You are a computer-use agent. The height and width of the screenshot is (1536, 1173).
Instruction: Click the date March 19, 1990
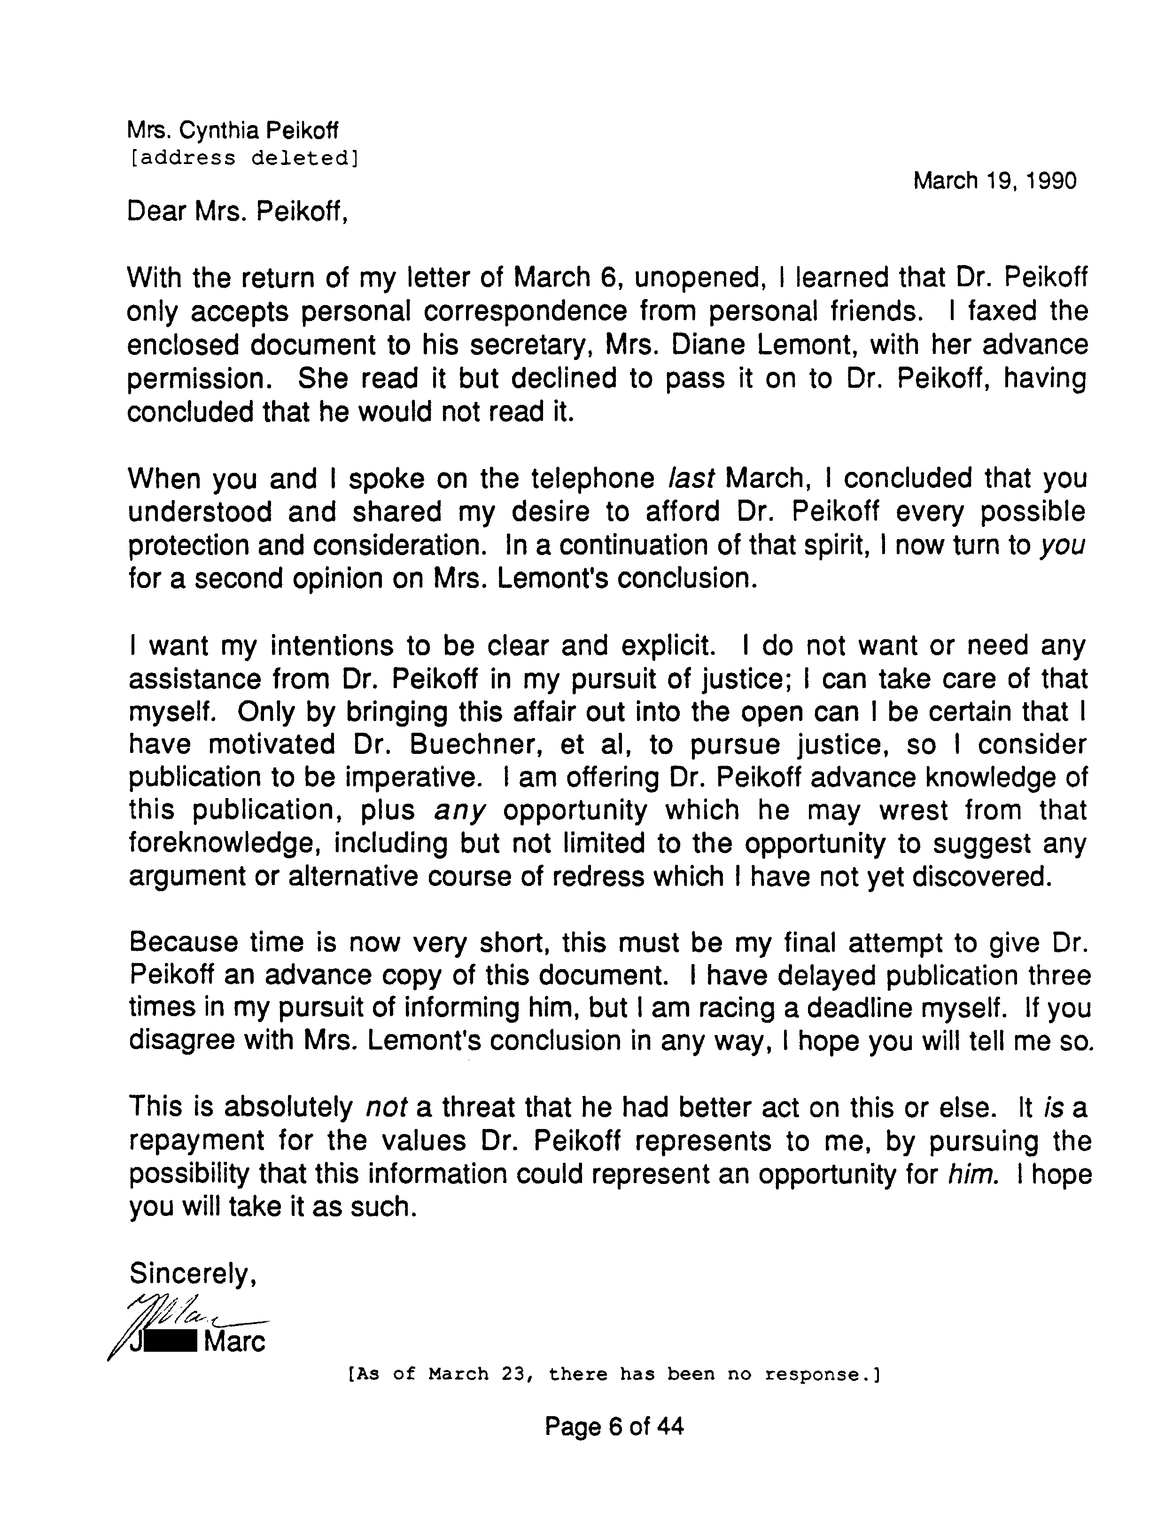coord(994,181)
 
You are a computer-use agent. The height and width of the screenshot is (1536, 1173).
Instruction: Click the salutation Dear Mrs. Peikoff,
coord(237,211)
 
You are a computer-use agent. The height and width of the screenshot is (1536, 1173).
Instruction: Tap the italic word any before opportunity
coord(459,811)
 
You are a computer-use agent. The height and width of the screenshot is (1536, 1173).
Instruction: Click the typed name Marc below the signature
coord(234,1342)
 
